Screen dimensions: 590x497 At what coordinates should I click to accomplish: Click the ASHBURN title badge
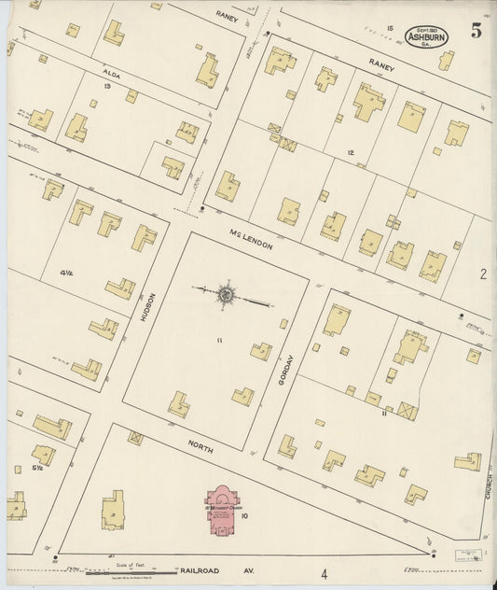(428, 36)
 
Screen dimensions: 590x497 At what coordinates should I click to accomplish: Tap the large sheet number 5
(476, 30)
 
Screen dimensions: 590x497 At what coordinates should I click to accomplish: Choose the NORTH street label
(199, 447)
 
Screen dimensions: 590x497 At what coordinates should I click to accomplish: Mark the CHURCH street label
(488, 485)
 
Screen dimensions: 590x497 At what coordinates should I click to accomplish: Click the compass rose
(226, 294)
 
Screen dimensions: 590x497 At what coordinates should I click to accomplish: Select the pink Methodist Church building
(228, 512)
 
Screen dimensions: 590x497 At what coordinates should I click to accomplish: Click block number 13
(108, 86)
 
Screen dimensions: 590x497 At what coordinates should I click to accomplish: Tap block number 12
(351, 152)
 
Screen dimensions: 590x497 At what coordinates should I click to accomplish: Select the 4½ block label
(66, 273)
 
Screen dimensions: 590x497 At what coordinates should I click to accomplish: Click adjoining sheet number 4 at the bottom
(324, 574)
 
